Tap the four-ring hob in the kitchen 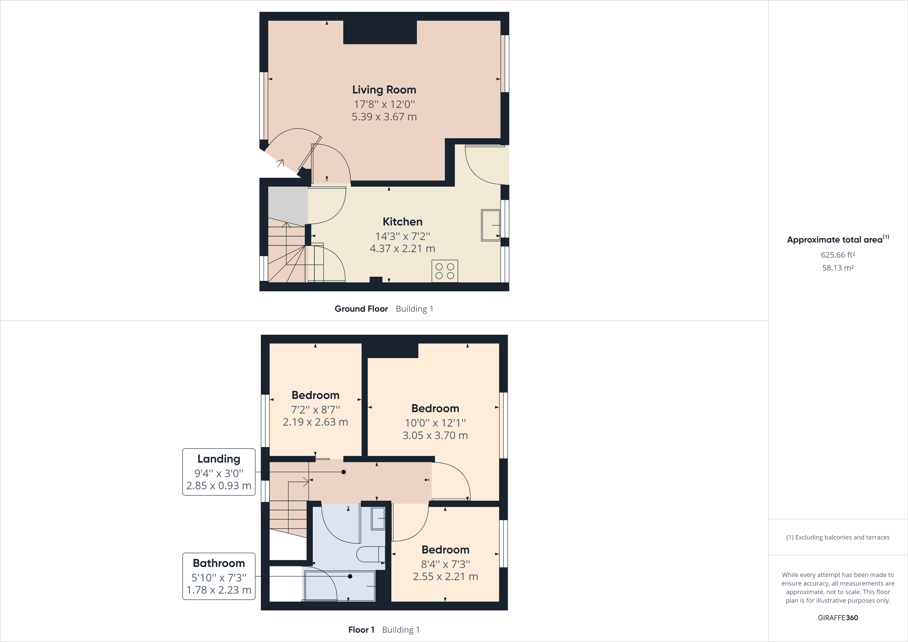point(444,271)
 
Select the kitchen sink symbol point(490,225)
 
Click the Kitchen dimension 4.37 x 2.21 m point(402,249)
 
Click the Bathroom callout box point(219,576)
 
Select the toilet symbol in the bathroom point(370,554)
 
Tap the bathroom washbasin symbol point(378,518)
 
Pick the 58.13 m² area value point(838,268)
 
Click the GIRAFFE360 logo point(838,617)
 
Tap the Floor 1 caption point(361,630)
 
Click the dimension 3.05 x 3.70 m point(435,435)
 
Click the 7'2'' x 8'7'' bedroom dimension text point(315,410)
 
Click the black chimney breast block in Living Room point(380,32)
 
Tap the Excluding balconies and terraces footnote point(838,537)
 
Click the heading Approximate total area point(835,240)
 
